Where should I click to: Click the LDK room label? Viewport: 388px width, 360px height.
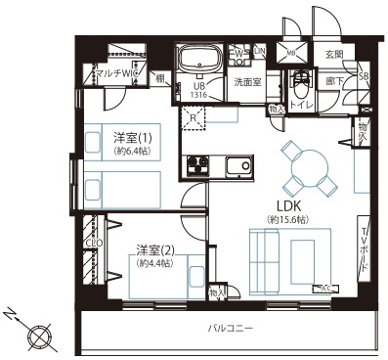(x=286, y=206)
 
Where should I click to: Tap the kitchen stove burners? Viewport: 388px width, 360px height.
(x=194, y=163)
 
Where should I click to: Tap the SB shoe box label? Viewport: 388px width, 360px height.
(x=364, y=76)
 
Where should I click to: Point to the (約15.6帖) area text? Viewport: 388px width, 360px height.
(x=286, y=221)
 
